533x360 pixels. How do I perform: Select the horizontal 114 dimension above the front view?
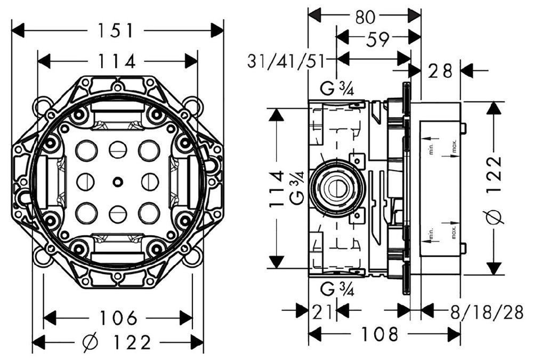click(x=117, y=61)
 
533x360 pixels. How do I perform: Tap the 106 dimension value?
click(x=118, y=318)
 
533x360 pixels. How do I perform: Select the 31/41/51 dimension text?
click(x=286, y=61)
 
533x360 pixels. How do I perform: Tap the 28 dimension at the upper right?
click(x=440, y=70)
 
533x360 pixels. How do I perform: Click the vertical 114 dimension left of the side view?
click(x=276, y=188)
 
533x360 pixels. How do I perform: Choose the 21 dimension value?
click(x=323, y=310)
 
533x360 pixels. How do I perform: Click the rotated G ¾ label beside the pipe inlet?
click(x=297, y=188)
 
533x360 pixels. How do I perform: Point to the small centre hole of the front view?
click(x=116, y=182)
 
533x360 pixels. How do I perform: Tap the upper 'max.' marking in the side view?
click(x=454, y=146)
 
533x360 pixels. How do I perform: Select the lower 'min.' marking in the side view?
click(x=430, y=233)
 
